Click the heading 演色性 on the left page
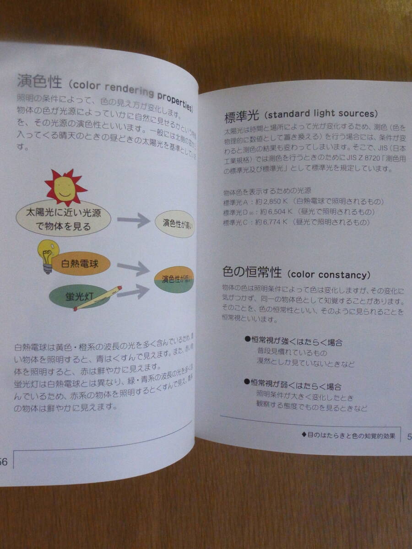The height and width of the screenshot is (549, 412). pos(38,82)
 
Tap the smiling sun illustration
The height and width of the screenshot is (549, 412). pos(65,187)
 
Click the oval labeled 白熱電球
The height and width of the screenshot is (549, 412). pos(81,264)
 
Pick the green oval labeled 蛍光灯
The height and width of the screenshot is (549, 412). pos(80,296)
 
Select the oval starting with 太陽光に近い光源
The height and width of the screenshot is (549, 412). pos(64,220)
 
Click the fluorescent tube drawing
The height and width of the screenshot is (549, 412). pos(98,298)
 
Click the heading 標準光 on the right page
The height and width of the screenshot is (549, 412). pos(242,118)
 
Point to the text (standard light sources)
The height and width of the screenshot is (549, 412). pos(321,114)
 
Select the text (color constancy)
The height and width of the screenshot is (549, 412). pos(329,275)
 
